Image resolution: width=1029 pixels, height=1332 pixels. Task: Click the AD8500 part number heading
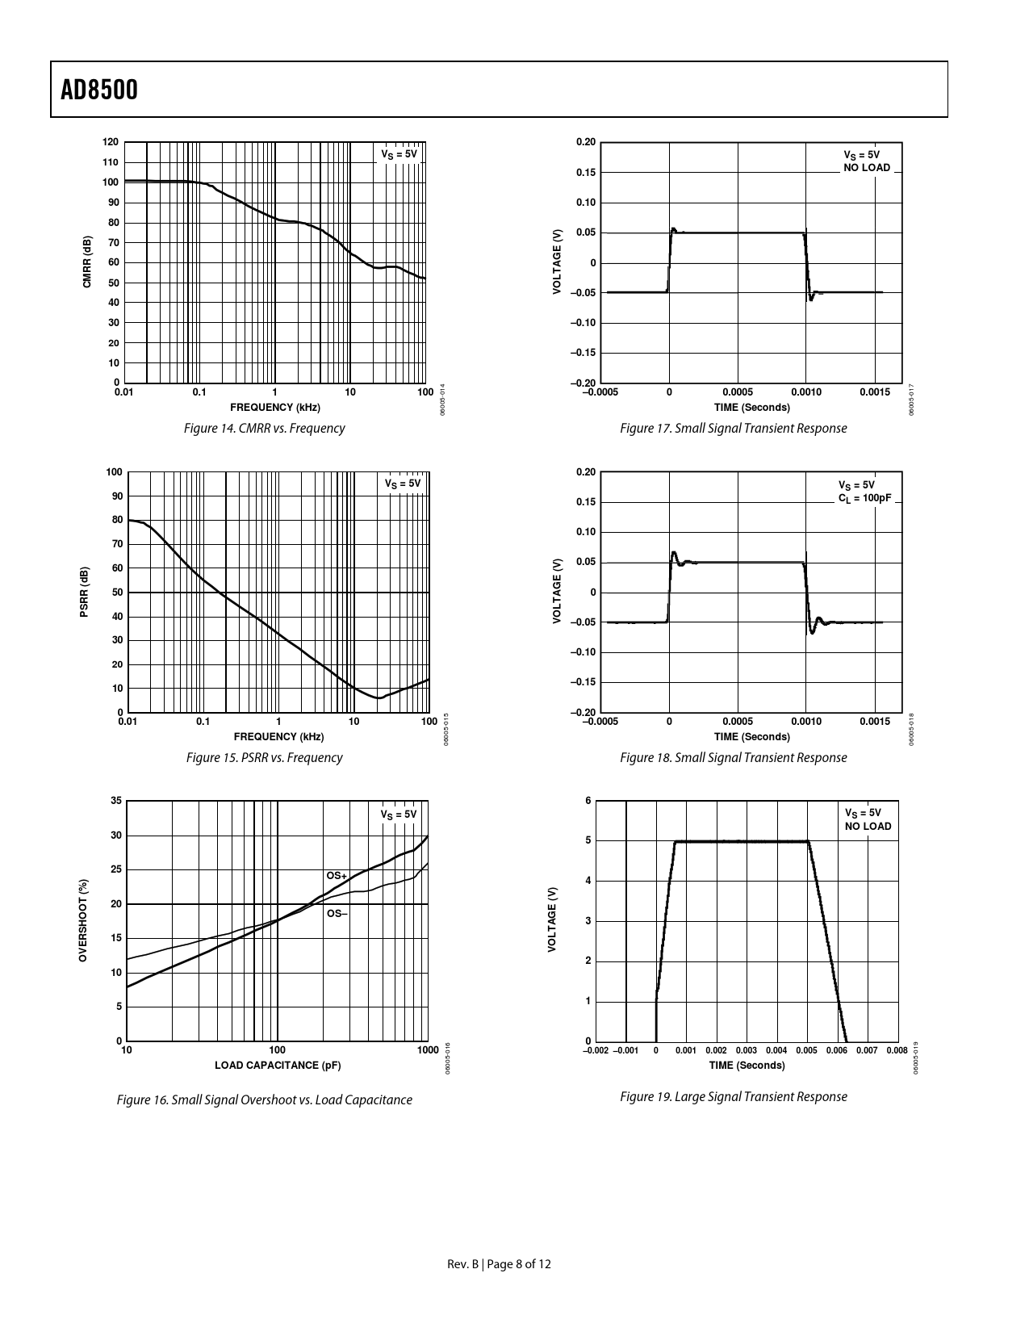click(x=99, y=90)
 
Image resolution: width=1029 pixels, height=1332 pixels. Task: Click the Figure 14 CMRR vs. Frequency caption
click(x=264, y=429)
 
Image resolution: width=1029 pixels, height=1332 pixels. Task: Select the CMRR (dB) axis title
click(x=87, y=262)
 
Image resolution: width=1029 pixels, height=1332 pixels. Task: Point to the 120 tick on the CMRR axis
click(x=111, y=142)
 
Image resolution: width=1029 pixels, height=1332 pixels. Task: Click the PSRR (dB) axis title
click(x=84, y=593)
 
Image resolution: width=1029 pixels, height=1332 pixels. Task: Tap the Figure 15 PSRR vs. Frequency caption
click(x=264, y=758)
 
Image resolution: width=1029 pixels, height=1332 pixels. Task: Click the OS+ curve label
click(x=336, y=876)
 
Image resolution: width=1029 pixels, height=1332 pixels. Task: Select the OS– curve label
click(x=337, y=914)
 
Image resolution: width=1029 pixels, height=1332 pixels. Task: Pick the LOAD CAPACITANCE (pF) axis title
click(x=278, y=1066)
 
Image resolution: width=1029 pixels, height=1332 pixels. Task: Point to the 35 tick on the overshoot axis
click(x=115, y=801)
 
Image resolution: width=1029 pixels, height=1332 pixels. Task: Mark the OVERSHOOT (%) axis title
click(x=82, y=919)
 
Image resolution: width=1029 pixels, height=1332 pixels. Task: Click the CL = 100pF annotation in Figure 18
click(x=864, y=498)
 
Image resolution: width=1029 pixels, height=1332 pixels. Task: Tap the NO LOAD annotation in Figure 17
click(x=867, y=168)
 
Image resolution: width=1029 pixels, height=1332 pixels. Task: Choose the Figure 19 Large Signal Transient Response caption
click(x=733, y=1097)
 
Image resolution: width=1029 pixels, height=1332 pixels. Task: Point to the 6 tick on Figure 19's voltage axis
click(x=588, y=801)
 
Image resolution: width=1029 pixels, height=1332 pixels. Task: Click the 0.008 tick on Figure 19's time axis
click(x=897, y=1051)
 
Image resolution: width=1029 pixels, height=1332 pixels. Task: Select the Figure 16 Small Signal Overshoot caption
click(x=264, y=1100)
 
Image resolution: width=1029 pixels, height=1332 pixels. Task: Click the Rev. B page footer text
click(x=500, y=1264)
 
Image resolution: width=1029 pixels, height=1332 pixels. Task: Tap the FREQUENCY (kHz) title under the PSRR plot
click(x=278, y=736)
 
